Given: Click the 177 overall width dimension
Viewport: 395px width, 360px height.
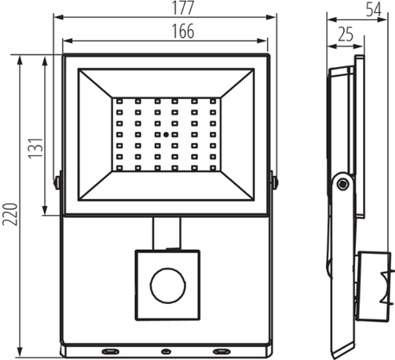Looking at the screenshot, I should pyautogui.click(x=166, y=8).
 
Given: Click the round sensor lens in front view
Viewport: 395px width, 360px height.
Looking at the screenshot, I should pyautogui.click(x=167, y=286).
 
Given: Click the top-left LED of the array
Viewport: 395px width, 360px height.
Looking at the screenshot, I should pyautogui.click(x=119, y=102).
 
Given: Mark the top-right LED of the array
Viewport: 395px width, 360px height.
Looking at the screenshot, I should pyautogui.click(x=213, y=102).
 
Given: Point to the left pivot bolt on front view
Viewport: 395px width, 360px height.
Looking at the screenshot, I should pyautogui.click(x=57, y=182).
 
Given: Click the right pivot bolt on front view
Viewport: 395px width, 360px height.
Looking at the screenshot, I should pyautogui.click(x=276, y=182).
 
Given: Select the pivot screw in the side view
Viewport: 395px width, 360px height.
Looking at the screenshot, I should pyautogui.click(x=342, y=184).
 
